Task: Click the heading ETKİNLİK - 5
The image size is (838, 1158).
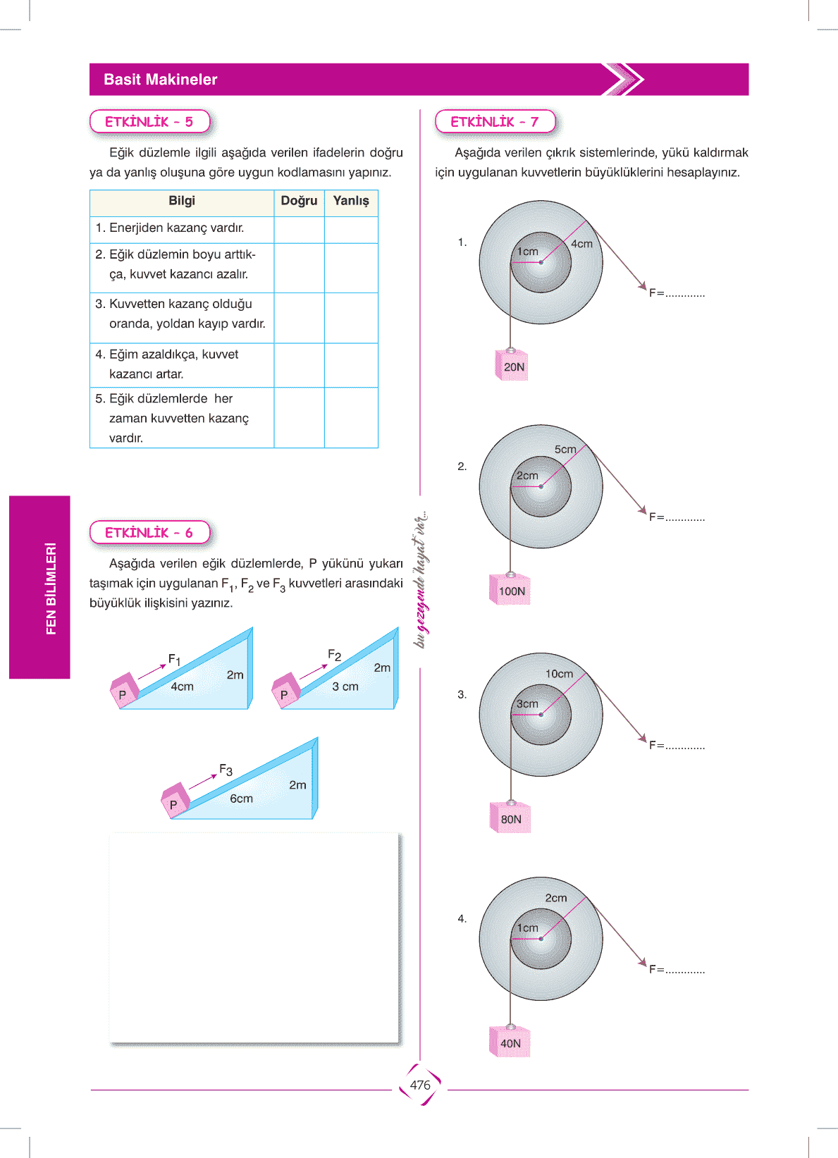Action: [149, 122]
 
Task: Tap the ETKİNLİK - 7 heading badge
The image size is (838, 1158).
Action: [495, 122]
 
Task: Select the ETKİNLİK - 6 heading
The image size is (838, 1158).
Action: [149, 533]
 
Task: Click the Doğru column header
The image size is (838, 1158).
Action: [299, 201]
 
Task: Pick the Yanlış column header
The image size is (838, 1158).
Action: [351, 201]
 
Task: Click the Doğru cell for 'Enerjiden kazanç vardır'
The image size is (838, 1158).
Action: [299, 229]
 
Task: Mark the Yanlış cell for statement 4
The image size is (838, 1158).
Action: [351, 364]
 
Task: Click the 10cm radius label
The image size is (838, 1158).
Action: [559, 674]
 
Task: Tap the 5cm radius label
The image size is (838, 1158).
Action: [565, 449]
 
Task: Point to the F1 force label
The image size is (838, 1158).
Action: [174, 660]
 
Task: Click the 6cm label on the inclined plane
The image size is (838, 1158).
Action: [241, 799]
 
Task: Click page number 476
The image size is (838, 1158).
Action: [420, 1085]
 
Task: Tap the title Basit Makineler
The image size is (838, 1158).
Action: [161, 80]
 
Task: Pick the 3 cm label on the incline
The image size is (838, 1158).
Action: [345, 686]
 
